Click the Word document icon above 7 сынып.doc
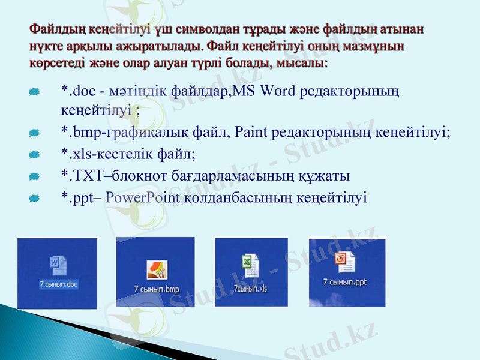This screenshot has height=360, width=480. coord(58,265)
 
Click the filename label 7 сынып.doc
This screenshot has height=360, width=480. coord(59,284)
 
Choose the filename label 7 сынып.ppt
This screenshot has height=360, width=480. coord(344,281)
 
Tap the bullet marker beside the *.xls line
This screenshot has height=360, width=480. coord(34,155)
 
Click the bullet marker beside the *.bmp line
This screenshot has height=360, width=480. coord(34,133)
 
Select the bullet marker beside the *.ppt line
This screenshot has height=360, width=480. coord(34,198)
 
